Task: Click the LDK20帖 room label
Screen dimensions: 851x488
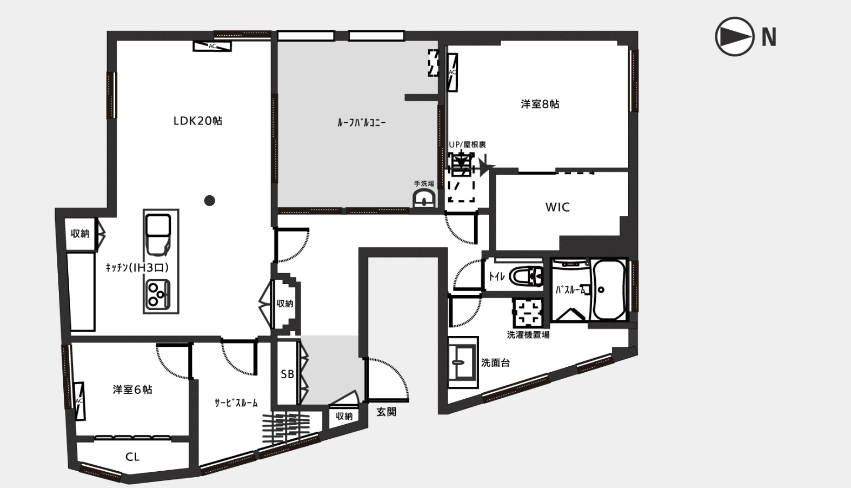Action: (x=197, y=121)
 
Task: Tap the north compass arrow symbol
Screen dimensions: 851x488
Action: (x=734, y=36)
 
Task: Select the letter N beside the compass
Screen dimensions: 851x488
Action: (x=769, y=37)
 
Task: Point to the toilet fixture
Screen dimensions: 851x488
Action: (x=526, y=276)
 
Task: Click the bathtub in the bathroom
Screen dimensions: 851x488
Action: (x=609, y=289)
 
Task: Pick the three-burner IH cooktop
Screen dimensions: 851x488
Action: (x=158, y=295)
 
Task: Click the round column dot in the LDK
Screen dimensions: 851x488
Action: (x=210, y=200)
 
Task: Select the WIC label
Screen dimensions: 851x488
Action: (x=557, y=207)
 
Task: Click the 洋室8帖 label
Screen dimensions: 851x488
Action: (x=540, y=104)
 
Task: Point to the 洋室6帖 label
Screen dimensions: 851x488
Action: (x=132, y=390)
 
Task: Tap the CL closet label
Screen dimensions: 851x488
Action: (x=132, y=457)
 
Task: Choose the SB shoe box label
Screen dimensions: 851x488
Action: (x=287, y=374)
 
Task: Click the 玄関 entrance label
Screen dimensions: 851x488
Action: (x=387, y=412)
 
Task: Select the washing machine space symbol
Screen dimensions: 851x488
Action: (x=528, y=312)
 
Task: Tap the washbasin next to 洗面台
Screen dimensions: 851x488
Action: (x=462, y=362)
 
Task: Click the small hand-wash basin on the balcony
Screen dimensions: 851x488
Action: (x=424, y=199)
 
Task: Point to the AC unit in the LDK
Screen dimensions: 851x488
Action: (x=212, y=46)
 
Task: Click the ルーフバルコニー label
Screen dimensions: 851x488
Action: (x=361, y=122)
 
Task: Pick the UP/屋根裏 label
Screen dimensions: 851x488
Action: (x=467, y=145)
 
